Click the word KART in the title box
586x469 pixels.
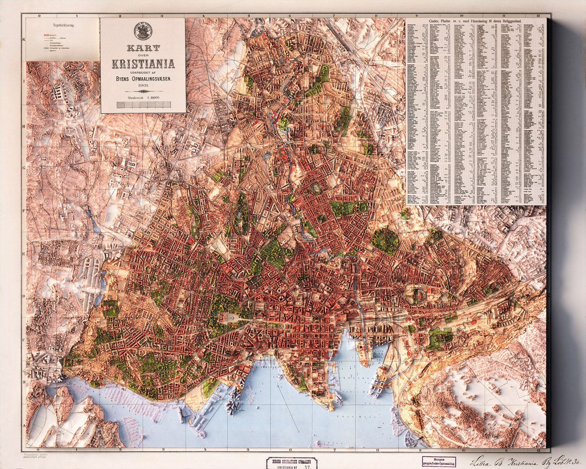click(143, 48)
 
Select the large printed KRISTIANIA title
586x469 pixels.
click(143, 64)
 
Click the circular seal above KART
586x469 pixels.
click(143, 31)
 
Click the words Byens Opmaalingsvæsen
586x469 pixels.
click(143, 79)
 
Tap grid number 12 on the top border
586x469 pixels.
click(538, 16)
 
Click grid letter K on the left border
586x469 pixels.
click(24, 39)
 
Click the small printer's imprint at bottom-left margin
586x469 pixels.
click(35, 457)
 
